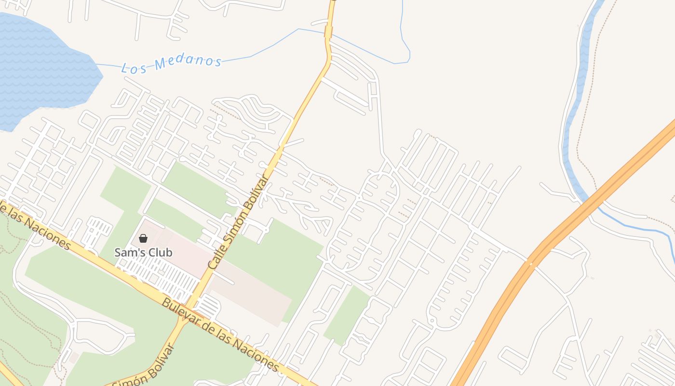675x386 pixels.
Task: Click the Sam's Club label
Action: pos(143,252)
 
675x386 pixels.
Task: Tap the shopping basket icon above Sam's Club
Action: pos(143,238)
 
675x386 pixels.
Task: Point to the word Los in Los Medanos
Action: pos(134,68)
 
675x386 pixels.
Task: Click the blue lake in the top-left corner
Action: pos(39,68)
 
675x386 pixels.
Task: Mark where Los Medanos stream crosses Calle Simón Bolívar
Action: pos(328,33)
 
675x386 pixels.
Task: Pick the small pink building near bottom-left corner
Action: pos(73,358)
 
